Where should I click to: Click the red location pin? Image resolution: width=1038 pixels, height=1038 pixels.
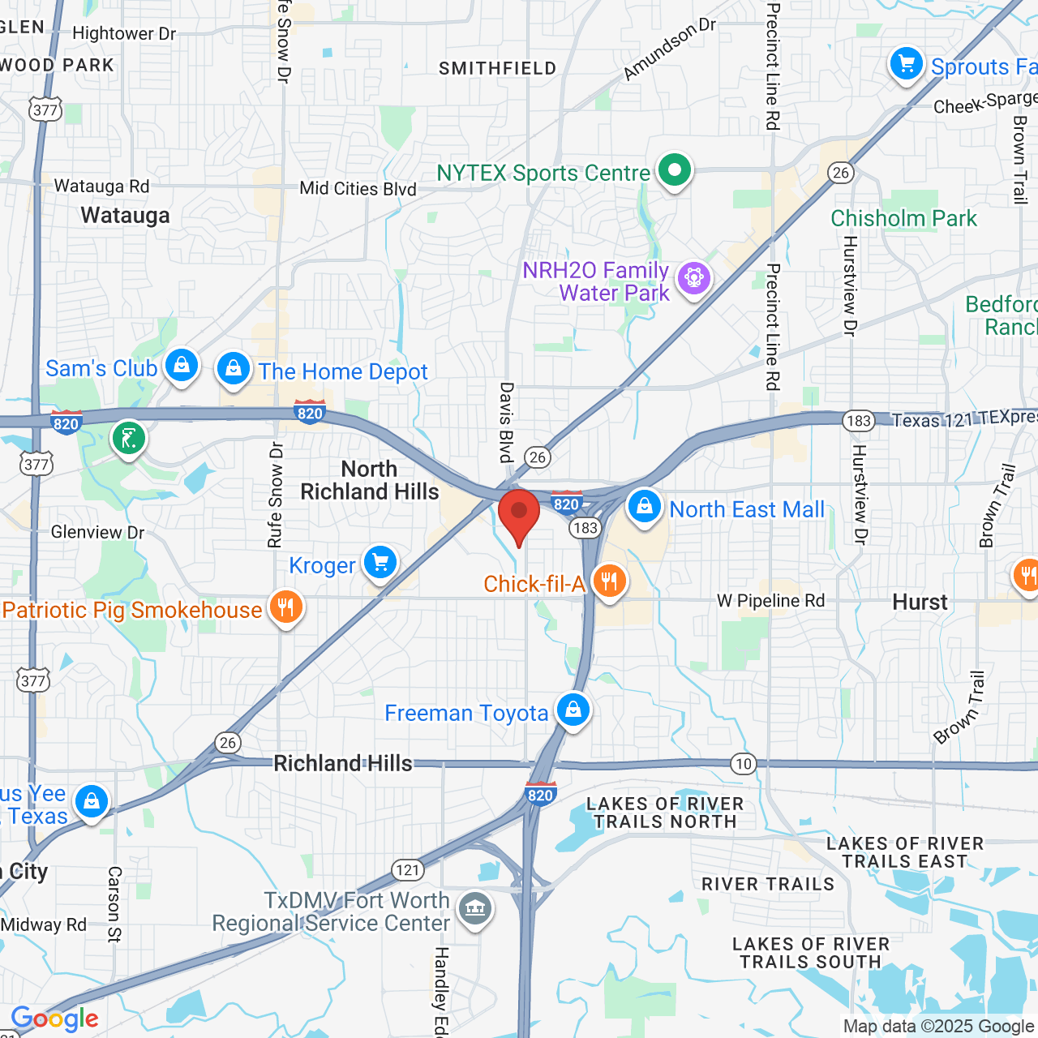pos(519,515)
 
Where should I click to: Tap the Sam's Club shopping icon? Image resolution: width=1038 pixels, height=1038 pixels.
pos(182,366)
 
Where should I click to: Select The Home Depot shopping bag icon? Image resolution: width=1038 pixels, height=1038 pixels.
pos(234,369)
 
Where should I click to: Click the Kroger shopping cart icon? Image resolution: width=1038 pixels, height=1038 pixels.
pos(380,562)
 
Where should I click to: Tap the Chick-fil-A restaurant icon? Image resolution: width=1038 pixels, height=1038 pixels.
pos(609,581)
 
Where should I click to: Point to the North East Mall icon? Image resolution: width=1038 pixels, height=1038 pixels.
pos(644,507)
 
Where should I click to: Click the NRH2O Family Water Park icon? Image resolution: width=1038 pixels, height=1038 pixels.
pos(693,278)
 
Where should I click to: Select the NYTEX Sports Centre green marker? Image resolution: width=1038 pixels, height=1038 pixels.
pos(674,170)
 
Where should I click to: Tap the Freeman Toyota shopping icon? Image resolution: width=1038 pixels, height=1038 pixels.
pos(573,710)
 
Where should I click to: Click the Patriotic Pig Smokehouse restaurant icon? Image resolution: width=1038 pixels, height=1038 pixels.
pos(285,607)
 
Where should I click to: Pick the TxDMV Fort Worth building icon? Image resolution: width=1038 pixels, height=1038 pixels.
pos(475,907)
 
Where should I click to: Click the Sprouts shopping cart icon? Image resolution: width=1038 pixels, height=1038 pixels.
pos(906,63)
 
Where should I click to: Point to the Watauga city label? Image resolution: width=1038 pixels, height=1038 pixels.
pos(126,216)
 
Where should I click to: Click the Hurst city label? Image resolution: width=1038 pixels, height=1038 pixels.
pos(920,603)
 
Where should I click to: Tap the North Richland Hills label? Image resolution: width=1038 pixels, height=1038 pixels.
pos(370,481)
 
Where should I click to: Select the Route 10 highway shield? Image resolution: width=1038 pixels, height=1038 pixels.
pos(743,763)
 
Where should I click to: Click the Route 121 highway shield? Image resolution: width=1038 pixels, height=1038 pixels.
pos(408,870)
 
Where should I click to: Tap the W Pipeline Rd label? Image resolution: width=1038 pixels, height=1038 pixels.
pos(770,601)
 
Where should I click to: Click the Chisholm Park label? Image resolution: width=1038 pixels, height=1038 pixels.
pos(903,219)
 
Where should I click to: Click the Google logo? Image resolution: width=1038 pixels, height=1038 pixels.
pos(55,1019)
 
